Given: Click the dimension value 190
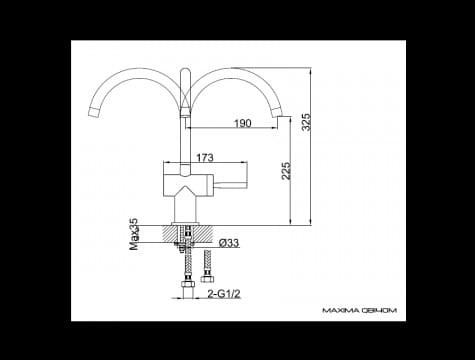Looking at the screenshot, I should [x=242, y=123].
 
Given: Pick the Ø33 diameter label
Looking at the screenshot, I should [x=229, y=243].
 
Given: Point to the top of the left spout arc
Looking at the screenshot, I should [x=135, y=75].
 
